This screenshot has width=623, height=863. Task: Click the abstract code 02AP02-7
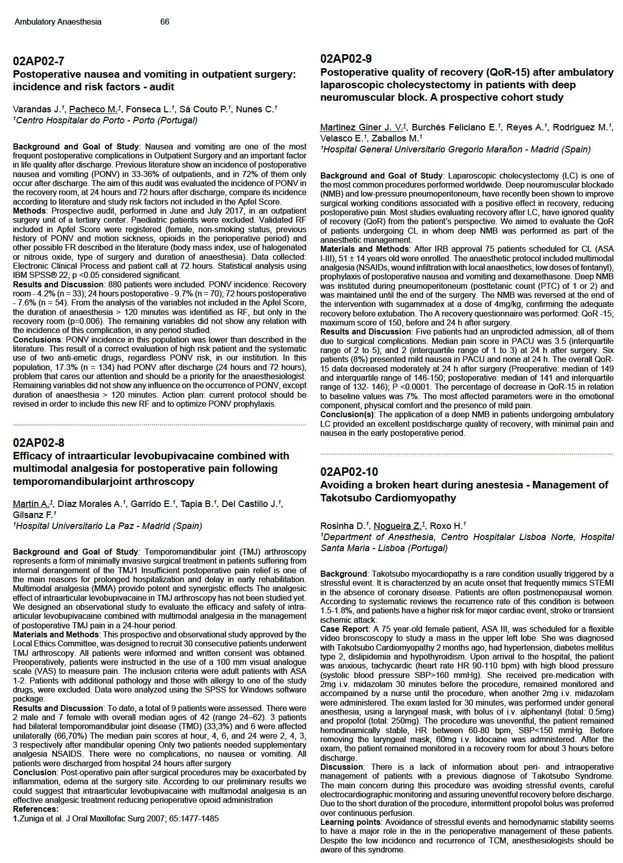[39, 61]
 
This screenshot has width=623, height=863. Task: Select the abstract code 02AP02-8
[39, 443]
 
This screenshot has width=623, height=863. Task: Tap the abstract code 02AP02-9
[346, 59]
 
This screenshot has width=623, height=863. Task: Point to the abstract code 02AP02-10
[349, 472]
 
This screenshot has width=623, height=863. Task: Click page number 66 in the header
[165, 22]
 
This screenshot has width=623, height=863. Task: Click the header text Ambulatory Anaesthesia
[58, 22]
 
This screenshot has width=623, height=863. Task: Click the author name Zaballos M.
[399, 138]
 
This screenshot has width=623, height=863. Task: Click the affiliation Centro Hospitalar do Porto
[105, 120]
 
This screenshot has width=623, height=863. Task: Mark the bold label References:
[36, 809]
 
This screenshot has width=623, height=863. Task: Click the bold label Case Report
[344, 629]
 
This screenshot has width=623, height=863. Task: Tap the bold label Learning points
[350, 822]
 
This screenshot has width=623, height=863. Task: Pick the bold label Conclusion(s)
[348, 415]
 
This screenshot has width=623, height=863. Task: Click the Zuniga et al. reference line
[116, 819]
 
